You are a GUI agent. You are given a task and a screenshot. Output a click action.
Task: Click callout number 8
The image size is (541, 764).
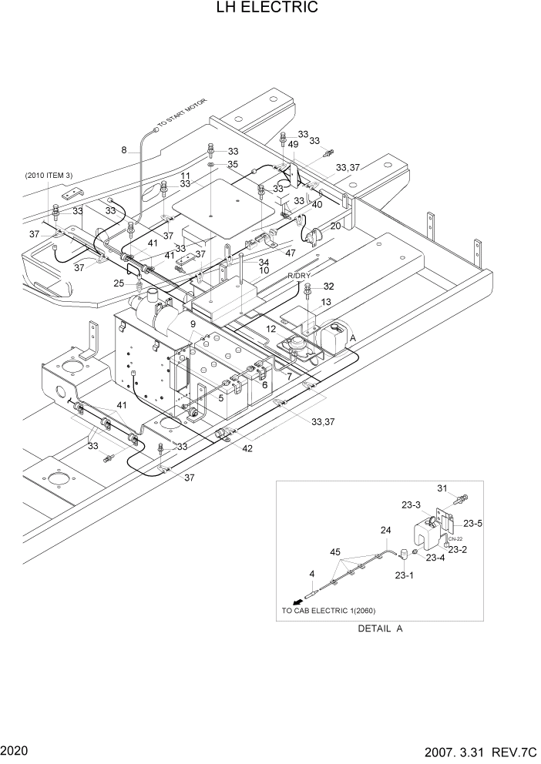click(x=123, y=150)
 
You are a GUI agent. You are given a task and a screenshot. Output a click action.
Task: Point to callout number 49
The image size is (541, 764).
click(x=294, y=144)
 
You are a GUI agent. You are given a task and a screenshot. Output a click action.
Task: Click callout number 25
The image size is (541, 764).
click(x=119, y=283)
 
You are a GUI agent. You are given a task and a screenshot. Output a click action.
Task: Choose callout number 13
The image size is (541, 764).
click(x=326, y=302)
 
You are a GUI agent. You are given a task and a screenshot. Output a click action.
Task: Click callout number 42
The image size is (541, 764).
click(x=247, y=447)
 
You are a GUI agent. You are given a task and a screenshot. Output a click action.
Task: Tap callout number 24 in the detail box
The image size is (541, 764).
click(x=386, y=530)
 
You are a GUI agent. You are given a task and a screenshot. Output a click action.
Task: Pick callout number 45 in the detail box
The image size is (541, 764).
click(x=335, y=551)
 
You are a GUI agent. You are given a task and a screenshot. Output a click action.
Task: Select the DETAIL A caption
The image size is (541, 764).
click(x=380, y=628)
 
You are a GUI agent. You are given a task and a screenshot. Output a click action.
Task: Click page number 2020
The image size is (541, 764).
click(x=15, y=749)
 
